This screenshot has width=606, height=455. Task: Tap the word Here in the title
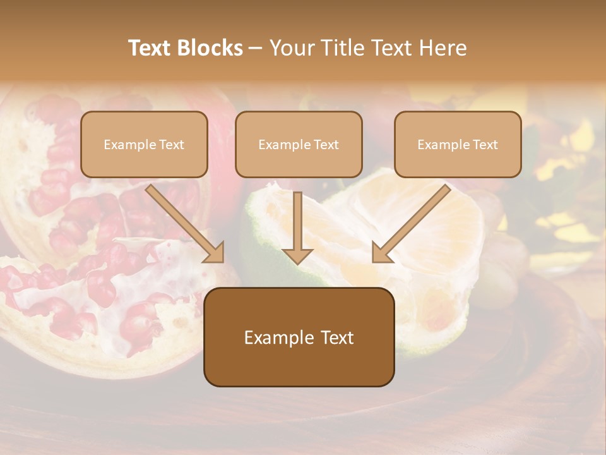coord(442,48)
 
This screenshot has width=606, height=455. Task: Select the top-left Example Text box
coord(144,144)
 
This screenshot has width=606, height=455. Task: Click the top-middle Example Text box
coord(299,144)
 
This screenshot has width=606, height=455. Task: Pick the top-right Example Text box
coord(458,144)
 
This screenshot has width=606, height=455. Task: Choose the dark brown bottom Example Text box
coord(299,337)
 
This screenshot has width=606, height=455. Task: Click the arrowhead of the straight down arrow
coord(297,255)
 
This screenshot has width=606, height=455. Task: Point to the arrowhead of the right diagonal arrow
coord(380,253)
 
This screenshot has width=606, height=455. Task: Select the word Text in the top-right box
coord(485,145)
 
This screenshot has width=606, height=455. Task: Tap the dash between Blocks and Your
coord(256,48)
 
